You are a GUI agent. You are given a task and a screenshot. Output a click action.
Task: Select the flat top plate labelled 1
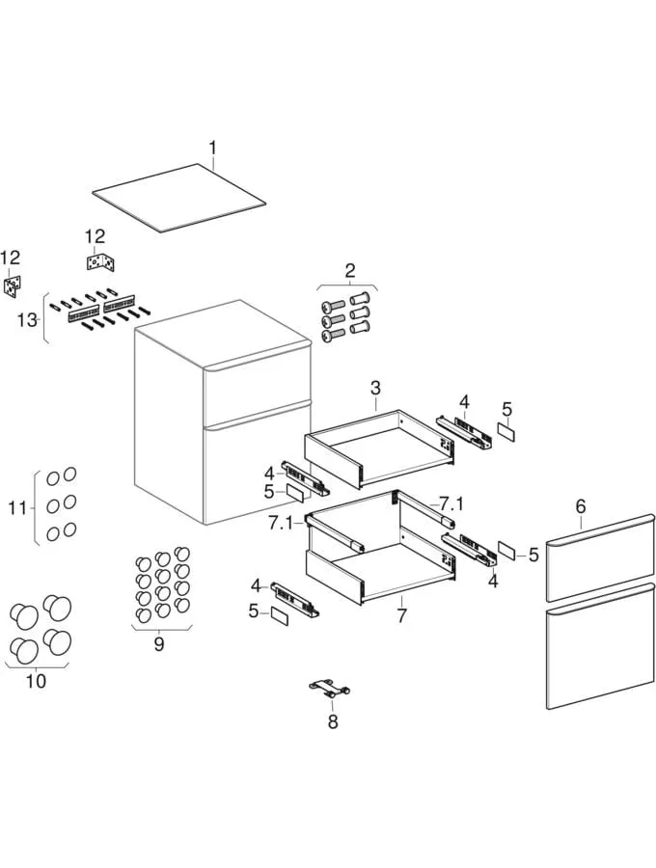[179, 198]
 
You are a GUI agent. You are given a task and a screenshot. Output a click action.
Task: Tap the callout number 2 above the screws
[350, 270]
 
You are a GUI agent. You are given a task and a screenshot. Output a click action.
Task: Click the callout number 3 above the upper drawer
[375, 388]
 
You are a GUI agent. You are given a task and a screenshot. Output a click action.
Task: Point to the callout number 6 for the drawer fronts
[581, 505]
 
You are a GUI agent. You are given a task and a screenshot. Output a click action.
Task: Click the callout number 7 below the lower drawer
[401, 613]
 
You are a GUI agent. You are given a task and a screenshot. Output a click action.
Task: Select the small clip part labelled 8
[328, 688]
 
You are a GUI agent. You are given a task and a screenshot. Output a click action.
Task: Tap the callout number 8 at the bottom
[333, 720]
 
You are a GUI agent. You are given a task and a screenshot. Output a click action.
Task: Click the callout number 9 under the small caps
[159, 644]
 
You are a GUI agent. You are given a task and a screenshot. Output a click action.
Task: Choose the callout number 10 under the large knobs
[36, 681]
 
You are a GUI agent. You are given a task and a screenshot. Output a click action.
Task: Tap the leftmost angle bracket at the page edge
[13, 285]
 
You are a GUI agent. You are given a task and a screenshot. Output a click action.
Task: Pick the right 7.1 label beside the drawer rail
[451, 504]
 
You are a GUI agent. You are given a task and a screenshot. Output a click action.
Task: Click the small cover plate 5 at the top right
[506, 433]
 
